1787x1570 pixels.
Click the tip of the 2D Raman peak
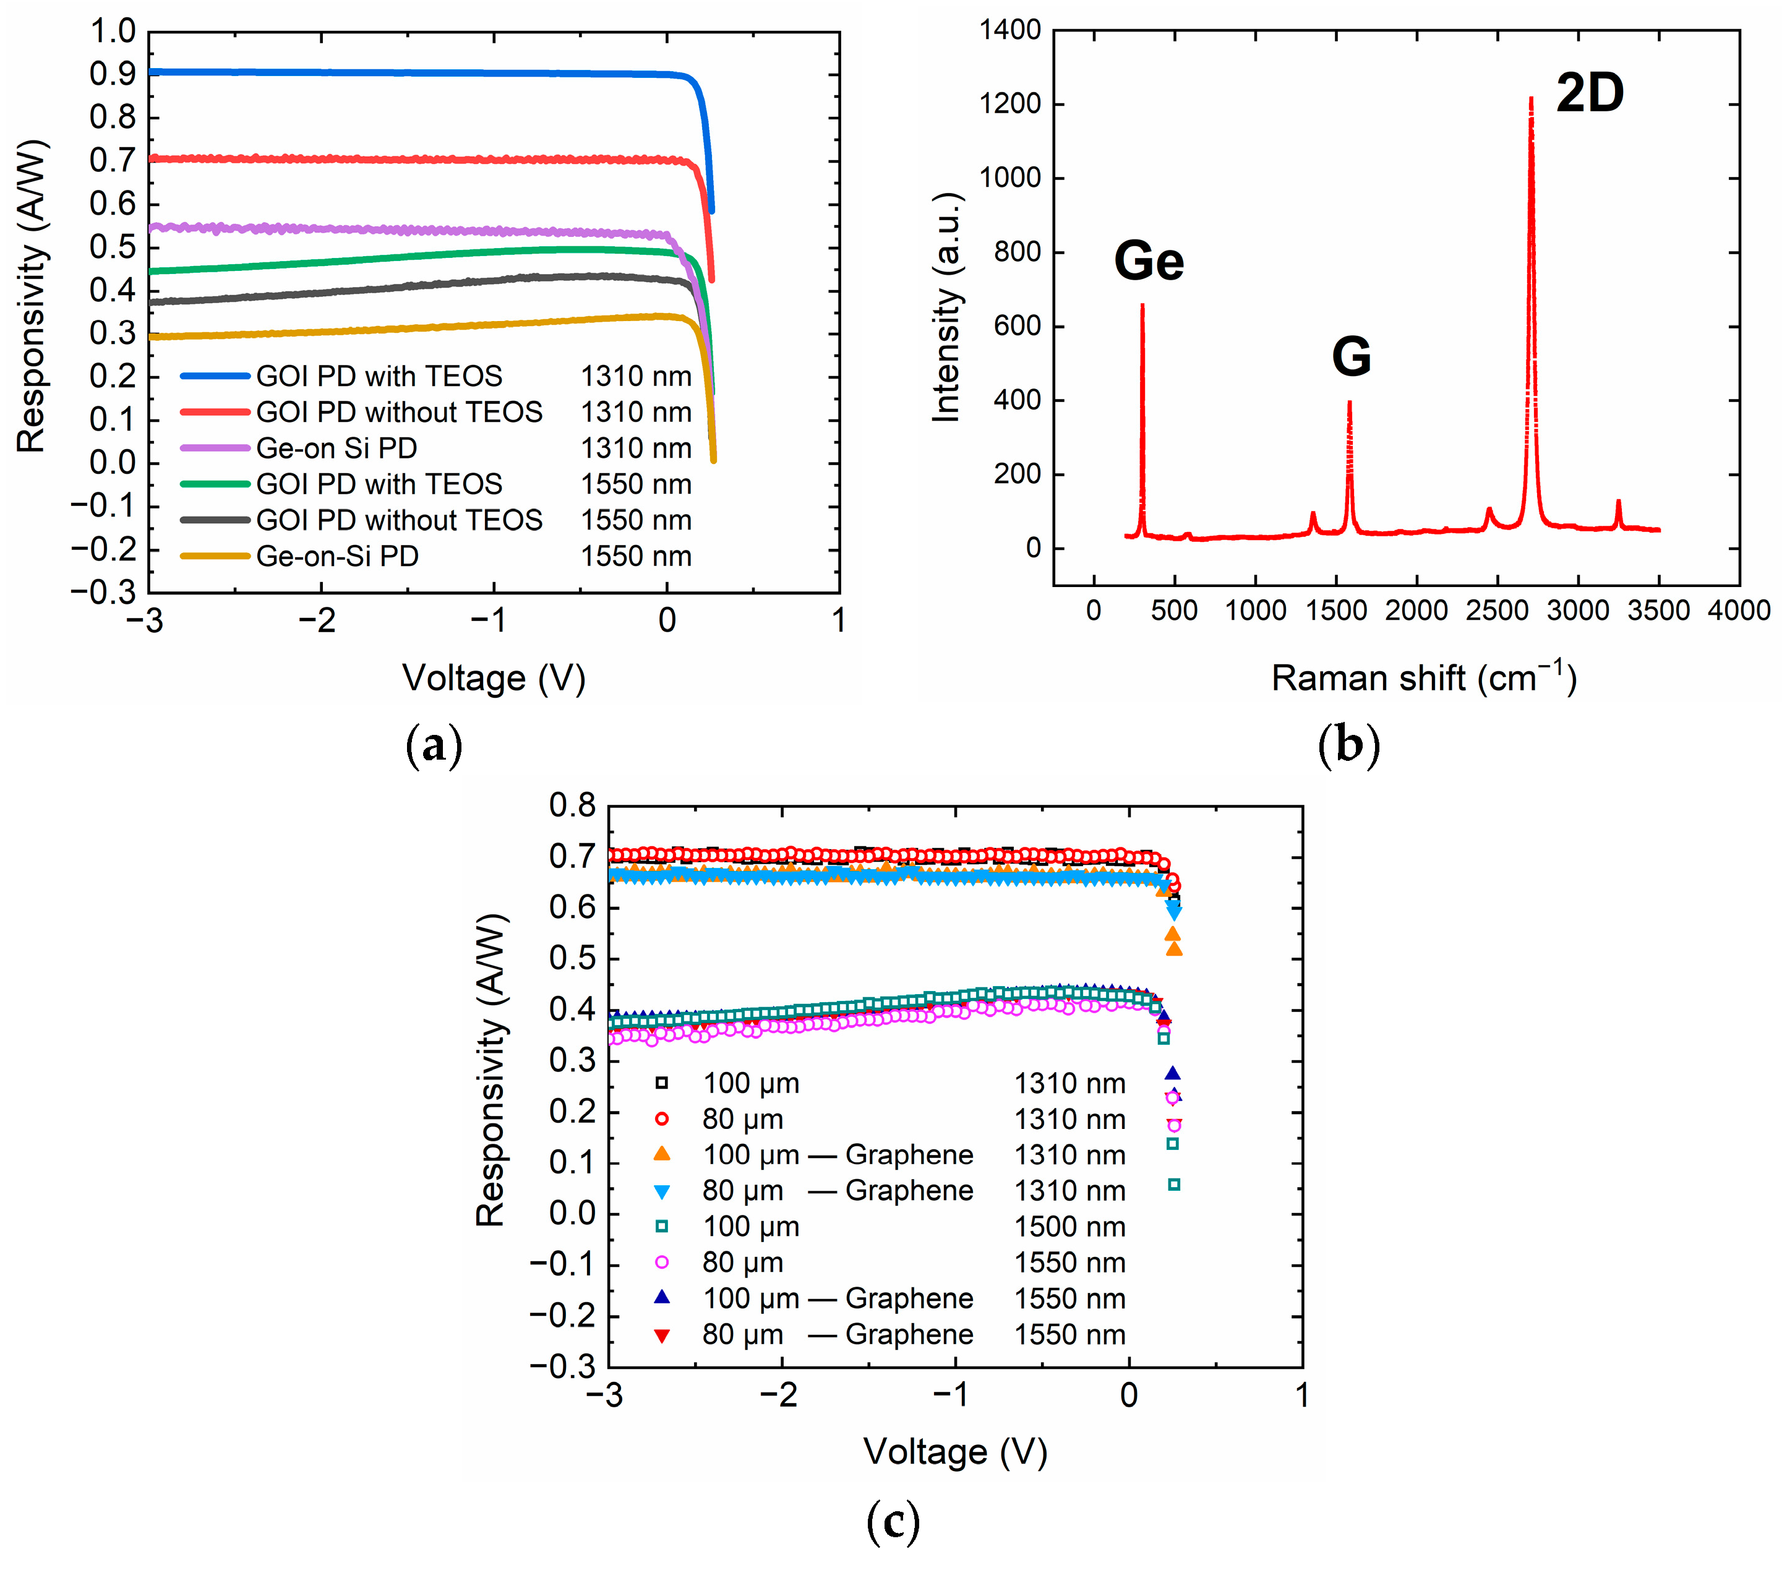1531,100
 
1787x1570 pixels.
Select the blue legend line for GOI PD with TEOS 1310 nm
215,377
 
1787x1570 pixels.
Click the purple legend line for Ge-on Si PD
215,448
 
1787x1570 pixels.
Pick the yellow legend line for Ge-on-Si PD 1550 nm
215,556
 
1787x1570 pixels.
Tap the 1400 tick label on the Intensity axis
1009,30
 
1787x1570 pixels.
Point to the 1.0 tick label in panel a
114,32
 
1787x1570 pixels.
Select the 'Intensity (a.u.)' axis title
947,307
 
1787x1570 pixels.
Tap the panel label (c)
892,1521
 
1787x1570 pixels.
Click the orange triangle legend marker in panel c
662,1154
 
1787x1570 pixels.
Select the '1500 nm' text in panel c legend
1069,1227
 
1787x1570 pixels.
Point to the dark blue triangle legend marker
662,1297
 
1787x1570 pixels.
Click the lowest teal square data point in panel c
1174,1185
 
